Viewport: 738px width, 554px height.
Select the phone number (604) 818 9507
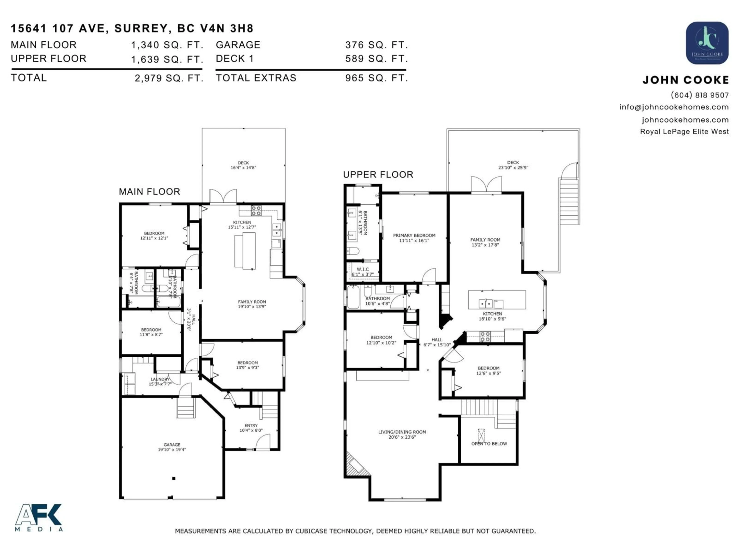[699, 95]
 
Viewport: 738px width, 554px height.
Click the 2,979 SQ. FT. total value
[169, 78]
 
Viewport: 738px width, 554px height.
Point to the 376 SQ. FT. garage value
[376, 45]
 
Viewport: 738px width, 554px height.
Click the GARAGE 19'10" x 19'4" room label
[172, 447]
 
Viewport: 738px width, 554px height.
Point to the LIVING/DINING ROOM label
[402, 434]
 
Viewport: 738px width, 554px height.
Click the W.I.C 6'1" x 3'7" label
[363, 271]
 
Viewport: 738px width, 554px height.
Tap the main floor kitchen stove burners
[256, 210]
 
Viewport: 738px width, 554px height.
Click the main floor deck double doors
[223, 197]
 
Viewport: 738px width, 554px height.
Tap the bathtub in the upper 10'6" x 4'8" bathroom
[353, 297]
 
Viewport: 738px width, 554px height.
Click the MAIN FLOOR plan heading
[150, 192]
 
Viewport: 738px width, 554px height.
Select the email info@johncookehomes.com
[674, 107]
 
